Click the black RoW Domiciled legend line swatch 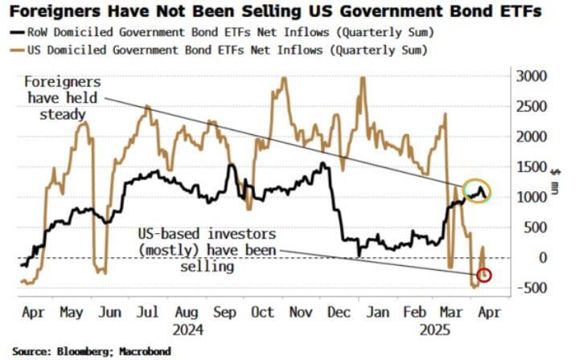pos(17,34)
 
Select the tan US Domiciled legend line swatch pos(17,50)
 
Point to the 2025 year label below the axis pos(435,329)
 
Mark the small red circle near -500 pos(484,276)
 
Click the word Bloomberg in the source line pos(88,351)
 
